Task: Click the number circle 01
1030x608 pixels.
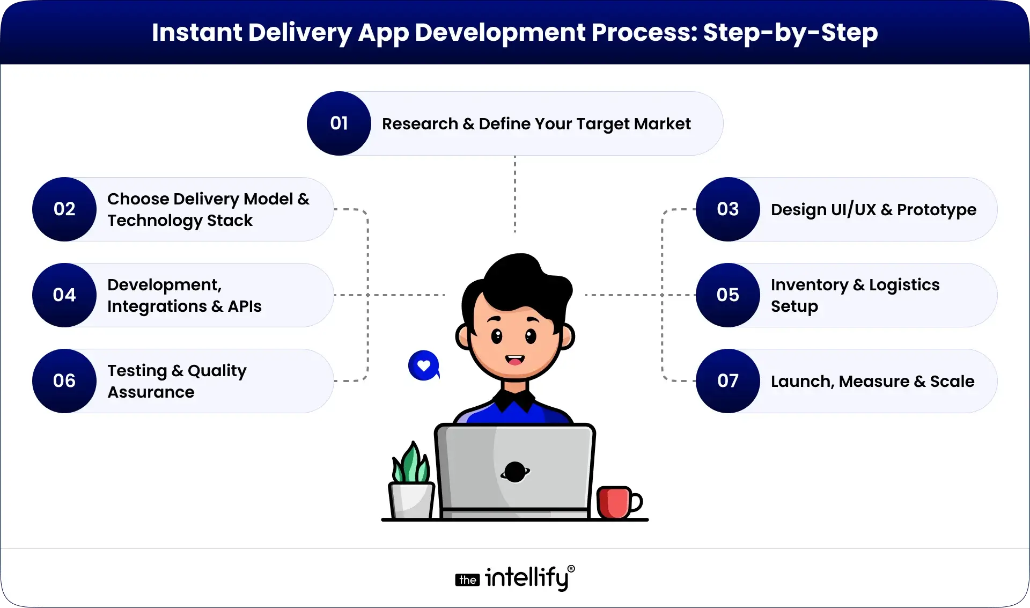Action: coord(339,123)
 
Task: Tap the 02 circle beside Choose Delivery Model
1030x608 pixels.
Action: coord(64,209)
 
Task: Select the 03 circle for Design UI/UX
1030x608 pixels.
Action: coord(728,209)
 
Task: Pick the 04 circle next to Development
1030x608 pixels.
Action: coord(64,295)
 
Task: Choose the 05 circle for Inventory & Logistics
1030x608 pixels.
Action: coord(728,295)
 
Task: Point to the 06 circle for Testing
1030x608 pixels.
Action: coord(64,381)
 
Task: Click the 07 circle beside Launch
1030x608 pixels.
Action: coord(728,381)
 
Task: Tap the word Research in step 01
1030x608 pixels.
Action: coord(420,124)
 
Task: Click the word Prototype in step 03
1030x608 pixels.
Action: coord(937,210)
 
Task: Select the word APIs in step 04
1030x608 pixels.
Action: coord(245,306)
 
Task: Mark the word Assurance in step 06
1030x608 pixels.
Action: coord(151,392)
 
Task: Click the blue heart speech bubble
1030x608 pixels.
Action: coord(424,365)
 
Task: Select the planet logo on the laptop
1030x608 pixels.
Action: coord(515,472)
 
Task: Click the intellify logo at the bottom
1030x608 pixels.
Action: coord(515,578)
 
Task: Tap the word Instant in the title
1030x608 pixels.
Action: coord(197,32)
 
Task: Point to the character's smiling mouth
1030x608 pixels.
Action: coord(514,360)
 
